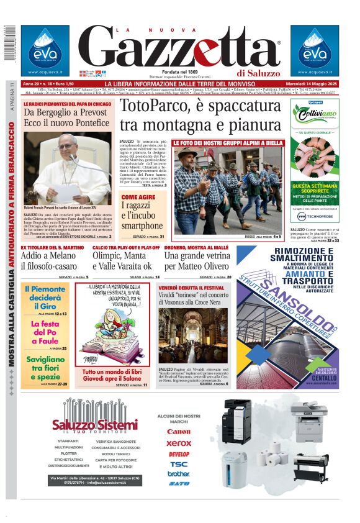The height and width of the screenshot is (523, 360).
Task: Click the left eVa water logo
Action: (x=44, y=48)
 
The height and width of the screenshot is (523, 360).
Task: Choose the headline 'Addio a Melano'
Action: (x=47, y=257)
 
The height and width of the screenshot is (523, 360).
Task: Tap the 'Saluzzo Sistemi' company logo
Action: (x=95, y=424)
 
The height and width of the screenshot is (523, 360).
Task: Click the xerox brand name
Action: (x=179, y=443)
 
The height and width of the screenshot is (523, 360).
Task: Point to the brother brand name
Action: (x=179, y=473)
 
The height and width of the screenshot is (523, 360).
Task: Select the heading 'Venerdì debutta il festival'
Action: (x=191, y=288)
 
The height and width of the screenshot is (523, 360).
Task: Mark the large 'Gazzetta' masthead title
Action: (x=180, y=48)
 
